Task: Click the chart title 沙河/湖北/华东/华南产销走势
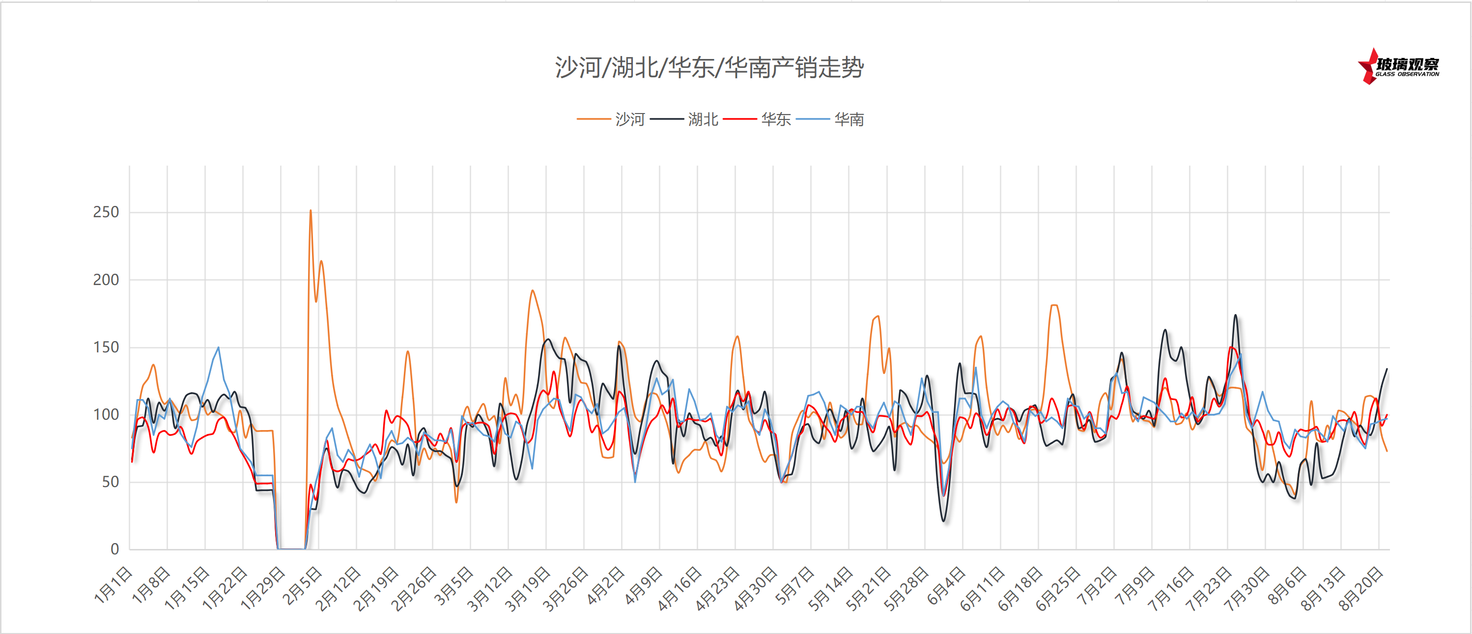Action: point(708,67)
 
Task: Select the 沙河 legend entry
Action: point(628,119)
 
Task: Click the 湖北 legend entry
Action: point(702,119)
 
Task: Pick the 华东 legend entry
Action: point(775,119)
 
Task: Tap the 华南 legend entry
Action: point(849,119)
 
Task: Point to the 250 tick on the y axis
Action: point(106,212)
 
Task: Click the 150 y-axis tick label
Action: point(106,347)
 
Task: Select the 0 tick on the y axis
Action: point(114,549)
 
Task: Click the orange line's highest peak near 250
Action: point(311,210)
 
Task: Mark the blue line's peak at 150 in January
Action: point(218,347)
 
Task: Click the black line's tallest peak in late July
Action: point(1235,315)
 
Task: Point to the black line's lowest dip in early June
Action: point(943,521)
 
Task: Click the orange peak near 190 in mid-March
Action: point(533,290)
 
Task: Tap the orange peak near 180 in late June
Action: point(1054,305)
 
